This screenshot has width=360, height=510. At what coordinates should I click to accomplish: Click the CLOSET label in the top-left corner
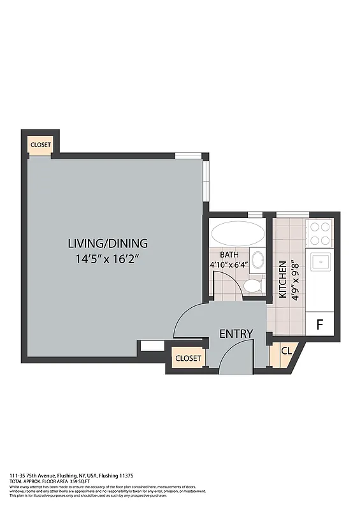coord(41,145)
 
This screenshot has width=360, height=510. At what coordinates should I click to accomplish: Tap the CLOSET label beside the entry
coord(188,358)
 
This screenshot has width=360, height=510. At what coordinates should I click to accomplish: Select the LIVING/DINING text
coord(108,243)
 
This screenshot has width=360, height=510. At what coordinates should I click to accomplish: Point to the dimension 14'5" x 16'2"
coord(108,259)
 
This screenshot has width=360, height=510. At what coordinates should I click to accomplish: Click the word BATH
coord(221,253)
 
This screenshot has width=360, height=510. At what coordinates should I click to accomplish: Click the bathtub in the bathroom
coord(238,233)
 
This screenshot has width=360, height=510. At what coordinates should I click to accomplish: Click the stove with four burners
coord(320,233)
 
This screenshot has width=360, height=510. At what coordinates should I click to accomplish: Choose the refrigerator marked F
coord(320,324)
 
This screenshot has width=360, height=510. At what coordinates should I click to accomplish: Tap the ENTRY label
coord(236,334)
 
